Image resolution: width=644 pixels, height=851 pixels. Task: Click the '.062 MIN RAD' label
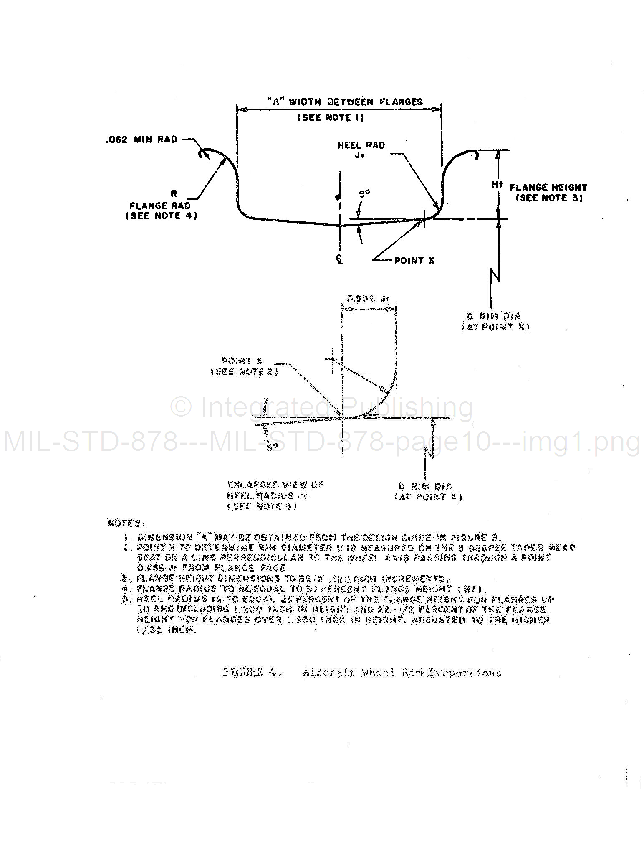point(142,140)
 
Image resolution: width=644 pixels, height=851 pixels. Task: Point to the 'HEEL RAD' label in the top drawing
point(361,145)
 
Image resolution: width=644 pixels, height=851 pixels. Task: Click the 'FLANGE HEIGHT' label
point(548,188)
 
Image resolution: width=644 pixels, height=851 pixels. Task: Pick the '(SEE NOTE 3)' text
point(549,198)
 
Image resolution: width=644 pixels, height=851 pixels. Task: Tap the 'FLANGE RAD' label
point(160,206)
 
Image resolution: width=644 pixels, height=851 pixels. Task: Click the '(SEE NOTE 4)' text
point(161,216)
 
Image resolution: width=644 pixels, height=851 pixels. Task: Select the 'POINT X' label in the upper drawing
point(414,260)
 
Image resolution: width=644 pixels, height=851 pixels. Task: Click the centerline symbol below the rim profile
point(340,260)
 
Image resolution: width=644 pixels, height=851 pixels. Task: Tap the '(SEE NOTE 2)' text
point(244,371)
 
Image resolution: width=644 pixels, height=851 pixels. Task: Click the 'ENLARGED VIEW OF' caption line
point(275,485)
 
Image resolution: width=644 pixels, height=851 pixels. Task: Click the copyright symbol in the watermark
point(181,406)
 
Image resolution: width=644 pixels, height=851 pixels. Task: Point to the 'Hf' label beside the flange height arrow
point(495,184)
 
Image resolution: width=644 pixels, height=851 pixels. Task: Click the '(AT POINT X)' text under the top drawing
point(495,327)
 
